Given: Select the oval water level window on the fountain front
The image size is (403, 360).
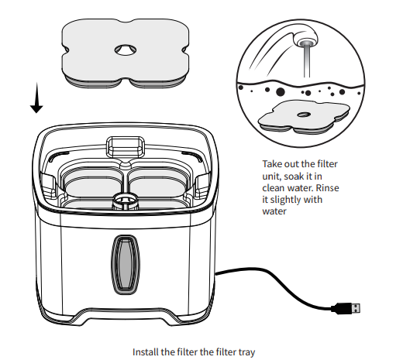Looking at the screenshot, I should [x=124, y=265].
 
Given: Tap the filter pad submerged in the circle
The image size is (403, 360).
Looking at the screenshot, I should [x=301, y=117].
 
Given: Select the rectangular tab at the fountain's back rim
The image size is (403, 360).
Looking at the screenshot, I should [x=124, y=145].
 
